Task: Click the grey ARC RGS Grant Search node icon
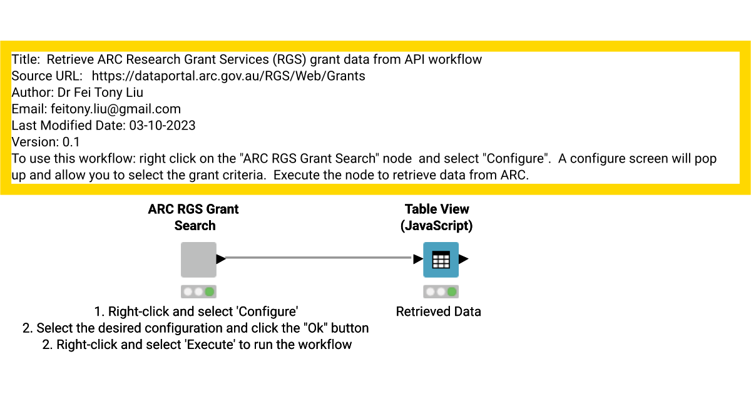[x=198, y=260]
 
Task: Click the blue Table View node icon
[x=441, y=260]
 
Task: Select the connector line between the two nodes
[x=319, y=257]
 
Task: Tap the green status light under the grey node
[x=209, y=291]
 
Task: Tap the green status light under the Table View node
[x=451, y=291]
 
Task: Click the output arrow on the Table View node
[x=464, y=259]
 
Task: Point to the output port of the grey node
[x=221, y=259]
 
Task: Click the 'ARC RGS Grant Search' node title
[x=194, y=217]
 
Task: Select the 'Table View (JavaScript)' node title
[x=437, y=217]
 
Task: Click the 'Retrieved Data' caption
[x=438, y=311]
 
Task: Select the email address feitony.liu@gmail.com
[x=116, y=109]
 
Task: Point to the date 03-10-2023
[x=162, y=126]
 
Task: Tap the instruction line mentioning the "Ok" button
[x=196, y=328]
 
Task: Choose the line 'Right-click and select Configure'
[x=196, y=311]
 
